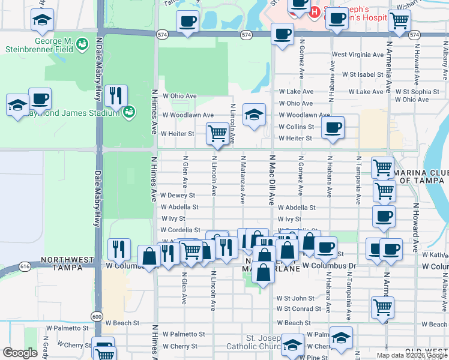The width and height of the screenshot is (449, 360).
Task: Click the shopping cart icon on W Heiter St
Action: (216, 134)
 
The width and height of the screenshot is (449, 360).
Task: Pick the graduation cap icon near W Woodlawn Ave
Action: (254, 115)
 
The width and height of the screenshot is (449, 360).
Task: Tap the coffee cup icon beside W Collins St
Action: (332, 128)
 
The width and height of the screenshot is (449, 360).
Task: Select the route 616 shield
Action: (25, 265)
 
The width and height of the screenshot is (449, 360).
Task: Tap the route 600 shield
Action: (97, 316)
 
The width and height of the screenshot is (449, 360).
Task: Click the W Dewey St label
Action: (178, 196)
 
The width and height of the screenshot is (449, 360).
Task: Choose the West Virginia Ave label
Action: (357, 55)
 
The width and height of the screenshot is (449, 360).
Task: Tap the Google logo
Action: (20, 353)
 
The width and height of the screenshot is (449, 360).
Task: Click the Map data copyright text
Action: (412, 355)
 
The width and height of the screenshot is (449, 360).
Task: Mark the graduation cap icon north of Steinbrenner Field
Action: (41, 21)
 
